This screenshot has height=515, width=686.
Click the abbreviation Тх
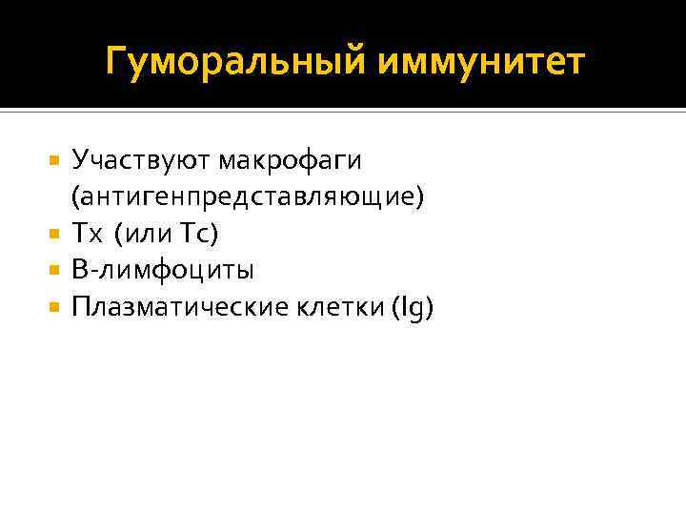click(85, 234)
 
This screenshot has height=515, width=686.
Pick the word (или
click(143, 234)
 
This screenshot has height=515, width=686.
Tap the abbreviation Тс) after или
click(201, 234)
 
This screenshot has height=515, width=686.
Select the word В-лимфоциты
click(163, 271)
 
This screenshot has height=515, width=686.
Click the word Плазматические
click(171, 308)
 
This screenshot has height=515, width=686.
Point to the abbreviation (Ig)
click(411, 308)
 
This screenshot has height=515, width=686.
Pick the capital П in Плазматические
click(80, 308)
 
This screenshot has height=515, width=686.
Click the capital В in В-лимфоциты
click(79, 271)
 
